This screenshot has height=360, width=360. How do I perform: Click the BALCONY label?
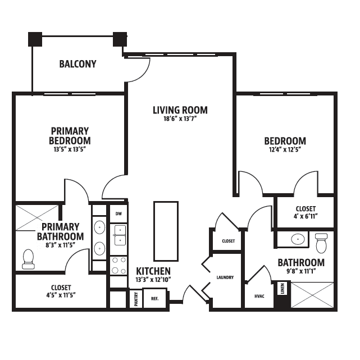(78, 64)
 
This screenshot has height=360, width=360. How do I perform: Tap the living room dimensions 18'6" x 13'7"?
(180, 119)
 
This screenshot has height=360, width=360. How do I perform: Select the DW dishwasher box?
(119, 214)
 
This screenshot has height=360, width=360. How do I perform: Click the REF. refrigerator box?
(155, 299)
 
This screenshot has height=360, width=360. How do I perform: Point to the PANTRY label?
(136, 299)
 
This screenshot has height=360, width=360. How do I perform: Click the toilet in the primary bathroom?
(28, 259)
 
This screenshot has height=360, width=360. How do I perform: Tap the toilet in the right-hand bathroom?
(321, 243)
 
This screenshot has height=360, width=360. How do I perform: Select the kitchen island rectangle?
(166, 231)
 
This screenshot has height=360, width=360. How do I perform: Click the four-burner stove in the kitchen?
(119, 266)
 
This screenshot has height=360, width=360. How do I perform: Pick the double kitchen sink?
(120, 235)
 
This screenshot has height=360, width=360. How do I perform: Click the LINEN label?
(282, 288)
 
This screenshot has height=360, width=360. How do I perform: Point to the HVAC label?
(259, 296)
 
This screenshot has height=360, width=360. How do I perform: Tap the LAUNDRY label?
(225, 277)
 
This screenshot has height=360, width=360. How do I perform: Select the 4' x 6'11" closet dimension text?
(306, 216)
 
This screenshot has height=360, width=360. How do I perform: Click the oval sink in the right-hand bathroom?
(298, 239)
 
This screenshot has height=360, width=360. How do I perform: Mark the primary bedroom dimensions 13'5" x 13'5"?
(70, 149)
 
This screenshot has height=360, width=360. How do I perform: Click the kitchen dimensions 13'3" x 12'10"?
(153, 280)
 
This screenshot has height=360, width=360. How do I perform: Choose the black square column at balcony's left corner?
(35, 39)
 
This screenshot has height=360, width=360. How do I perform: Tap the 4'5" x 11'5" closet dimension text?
(61, 295)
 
